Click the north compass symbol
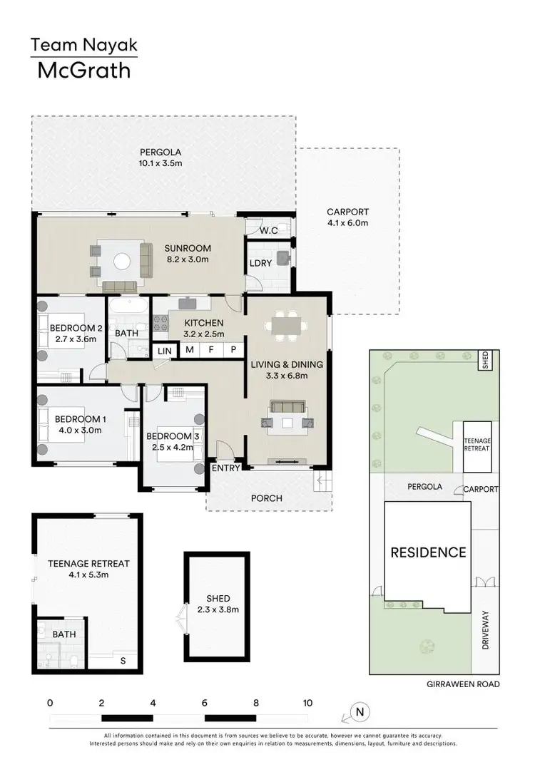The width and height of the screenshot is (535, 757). tap(361, 711)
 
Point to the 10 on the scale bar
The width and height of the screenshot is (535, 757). tap(307, 702)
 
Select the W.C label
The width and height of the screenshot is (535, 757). tap(268, 230)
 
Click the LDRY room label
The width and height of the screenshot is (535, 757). tap(259, 263)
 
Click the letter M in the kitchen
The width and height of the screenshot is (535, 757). tap(190, 349)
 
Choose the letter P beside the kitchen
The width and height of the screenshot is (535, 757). tap(233, 349)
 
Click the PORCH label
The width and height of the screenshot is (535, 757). tap(267, 498)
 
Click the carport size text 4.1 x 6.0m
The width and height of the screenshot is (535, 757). tap(347, 223)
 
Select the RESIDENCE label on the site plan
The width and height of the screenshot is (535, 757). tap(428, 552)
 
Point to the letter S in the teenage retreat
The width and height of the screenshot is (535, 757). tap(123, 661)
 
